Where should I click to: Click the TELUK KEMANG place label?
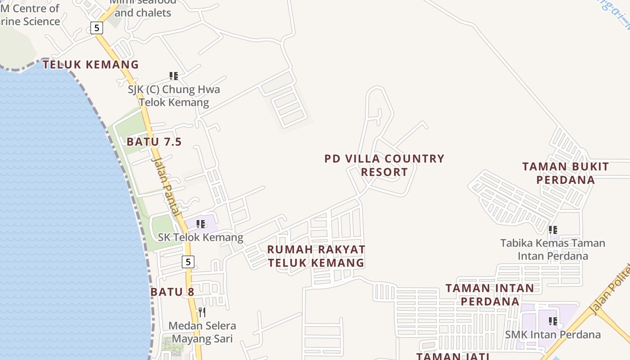(91, 65)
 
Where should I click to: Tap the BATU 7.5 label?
(154, 142)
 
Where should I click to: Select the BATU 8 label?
(172, 292)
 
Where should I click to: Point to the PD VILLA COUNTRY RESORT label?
(384, 165)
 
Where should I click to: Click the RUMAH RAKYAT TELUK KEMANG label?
(316, 256)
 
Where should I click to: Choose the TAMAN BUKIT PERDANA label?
(566, 173)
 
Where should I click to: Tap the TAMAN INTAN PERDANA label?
(490, 294)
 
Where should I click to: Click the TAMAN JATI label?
(453, 356)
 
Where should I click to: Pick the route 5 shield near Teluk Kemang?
(97, 28)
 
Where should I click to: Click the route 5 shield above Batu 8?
(188, 261)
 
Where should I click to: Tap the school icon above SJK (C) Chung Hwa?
(174, 76)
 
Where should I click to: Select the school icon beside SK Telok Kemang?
(201, 224)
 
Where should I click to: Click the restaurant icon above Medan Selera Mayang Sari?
(202, 312)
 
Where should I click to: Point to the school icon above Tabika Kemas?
(553, 230)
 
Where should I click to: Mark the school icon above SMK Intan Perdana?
(553, 321)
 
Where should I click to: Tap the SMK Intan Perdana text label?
(553, 334)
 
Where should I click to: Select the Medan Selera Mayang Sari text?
(202, 332)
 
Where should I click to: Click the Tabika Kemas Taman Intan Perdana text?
(553, 249)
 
